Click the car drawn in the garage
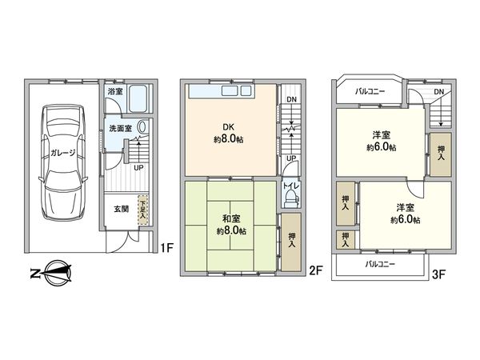click(x=62, y=164)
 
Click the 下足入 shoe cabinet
click(x=142, y=210)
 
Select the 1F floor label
click(x=166, y=249)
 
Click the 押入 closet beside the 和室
click(x=291, y=241)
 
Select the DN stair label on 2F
click(x=290, y=101)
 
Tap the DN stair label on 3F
click(x=438, y=92)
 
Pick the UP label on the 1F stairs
click(x=138, y=168)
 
